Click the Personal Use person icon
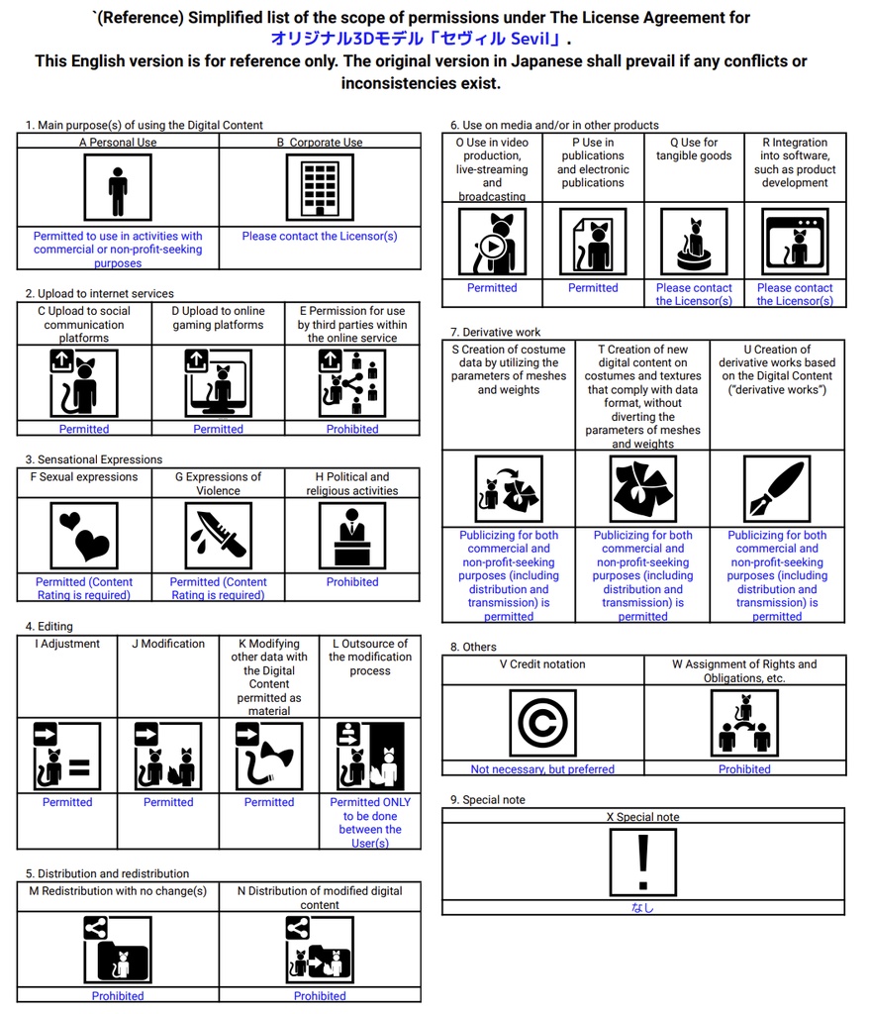118,188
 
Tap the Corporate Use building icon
320,188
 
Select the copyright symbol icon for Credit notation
542,724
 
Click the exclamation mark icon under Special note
642,862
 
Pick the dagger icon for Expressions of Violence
218,536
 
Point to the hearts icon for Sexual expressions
84,536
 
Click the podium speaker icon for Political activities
352,536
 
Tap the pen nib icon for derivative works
777,489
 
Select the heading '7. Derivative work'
496,332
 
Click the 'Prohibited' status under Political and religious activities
352,582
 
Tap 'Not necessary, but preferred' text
542,769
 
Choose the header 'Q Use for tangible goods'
694,150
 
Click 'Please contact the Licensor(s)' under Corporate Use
320,237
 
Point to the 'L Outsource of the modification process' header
370,657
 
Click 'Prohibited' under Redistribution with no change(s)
118,996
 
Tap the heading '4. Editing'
48,626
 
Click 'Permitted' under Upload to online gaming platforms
218,429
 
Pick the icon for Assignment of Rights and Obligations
744,724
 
